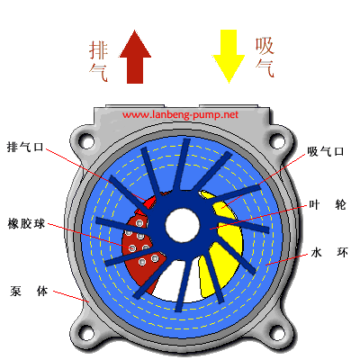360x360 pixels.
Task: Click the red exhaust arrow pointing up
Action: (x=135, y=57)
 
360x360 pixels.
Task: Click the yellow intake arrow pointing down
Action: (x=229, y=57)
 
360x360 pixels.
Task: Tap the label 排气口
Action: (x=25, y=148)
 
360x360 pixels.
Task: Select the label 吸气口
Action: (x=326, y=151)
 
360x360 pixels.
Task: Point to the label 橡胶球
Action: (x=26, y=224)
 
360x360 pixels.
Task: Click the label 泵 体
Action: (x=29, y=291)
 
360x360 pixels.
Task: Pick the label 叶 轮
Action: (x=328, y=205)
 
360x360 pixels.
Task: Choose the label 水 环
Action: (x=329, y=253)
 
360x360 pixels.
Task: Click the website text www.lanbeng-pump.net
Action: (x=180, y=115)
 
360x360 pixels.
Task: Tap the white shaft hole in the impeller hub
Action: (x=183, y=225)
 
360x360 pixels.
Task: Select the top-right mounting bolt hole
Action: (x=277, y=140)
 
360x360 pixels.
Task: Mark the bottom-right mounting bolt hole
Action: (x=277, y=334)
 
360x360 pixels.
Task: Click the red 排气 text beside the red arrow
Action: (x=98, y=61)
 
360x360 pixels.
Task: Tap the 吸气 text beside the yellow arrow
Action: (x=265, y=58)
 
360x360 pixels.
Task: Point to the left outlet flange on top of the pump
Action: (x=135, y=106)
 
